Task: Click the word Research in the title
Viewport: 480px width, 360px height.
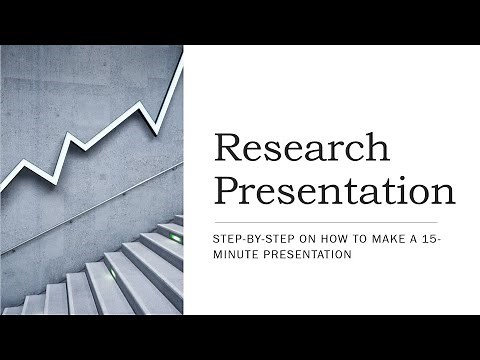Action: tap(301, 148)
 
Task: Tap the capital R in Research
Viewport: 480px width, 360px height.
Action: tap(229, 148)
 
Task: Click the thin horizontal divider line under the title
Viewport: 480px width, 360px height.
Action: tap(326, 221)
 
